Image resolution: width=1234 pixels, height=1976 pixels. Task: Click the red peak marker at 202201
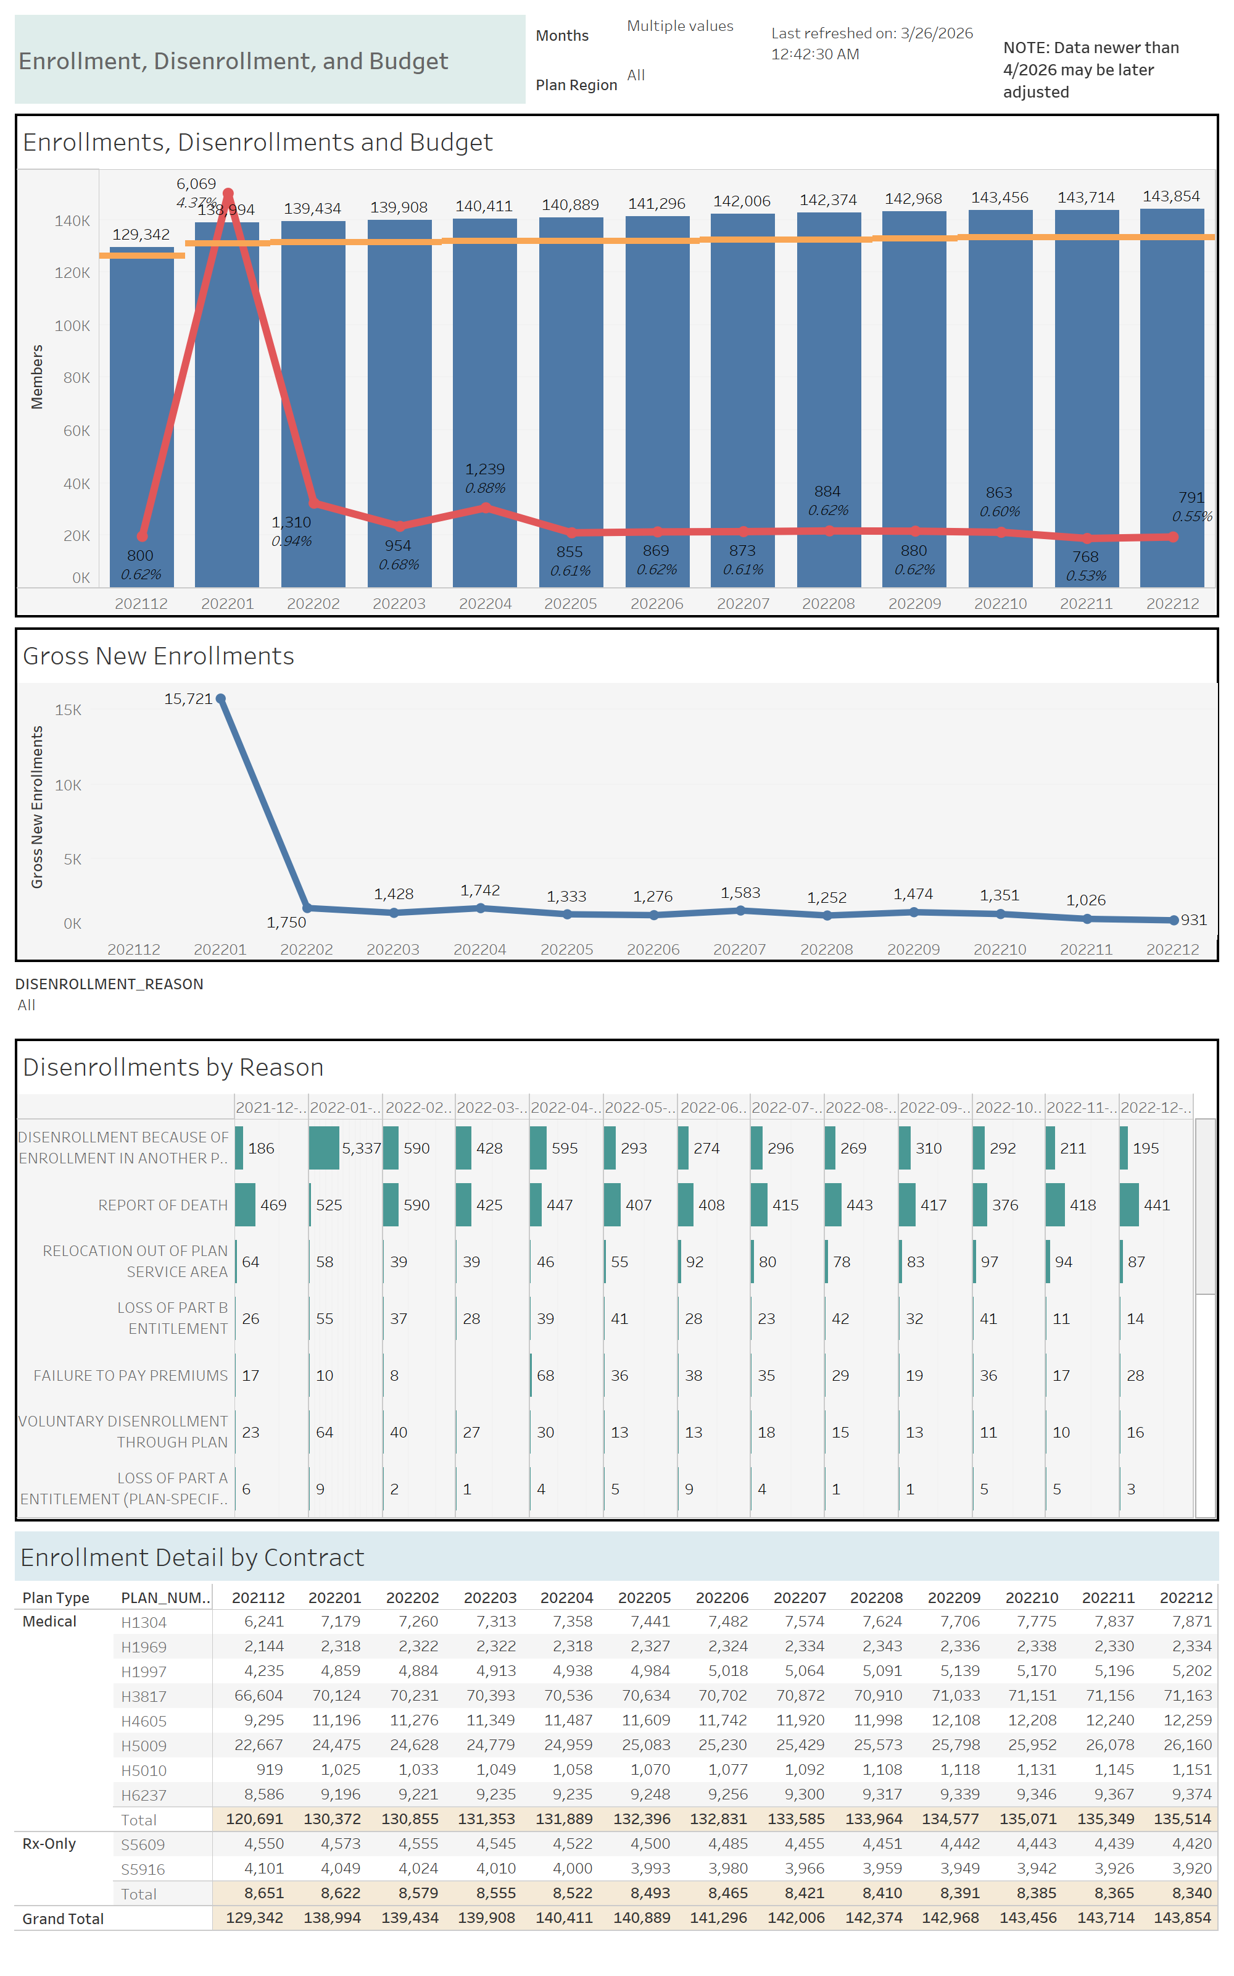228,193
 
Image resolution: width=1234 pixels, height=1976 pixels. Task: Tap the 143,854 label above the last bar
1170,196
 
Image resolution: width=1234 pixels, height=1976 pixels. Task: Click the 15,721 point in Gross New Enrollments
220,699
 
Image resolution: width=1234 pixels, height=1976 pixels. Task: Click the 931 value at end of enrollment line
1193,919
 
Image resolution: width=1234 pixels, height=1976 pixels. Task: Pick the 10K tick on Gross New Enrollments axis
68,785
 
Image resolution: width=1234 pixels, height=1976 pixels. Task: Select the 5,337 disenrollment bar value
361,1148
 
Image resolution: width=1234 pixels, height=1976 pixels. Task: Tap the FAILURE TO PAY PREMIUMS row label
131,1376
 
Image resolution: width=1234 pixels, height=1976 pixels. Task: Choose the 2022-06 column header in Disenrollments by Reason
713,1107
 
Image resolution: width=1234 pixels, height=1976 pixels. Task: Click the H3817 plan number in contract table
144,1697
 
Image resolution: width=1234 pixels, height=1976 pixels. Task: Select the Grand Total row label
63,1919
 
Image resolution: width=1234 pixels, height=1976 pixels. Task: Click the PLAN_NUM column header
165,1598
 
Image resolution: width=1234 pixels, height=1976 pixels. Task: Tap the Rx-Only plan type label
49,1844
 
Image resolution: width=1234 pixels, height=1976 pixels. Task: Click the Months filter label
561,35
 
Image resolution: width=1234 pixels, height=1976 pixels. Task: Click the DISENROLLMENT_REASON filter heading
109,984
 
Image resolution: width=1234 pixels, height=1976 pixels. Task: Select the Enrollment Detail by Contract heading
192,1558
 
